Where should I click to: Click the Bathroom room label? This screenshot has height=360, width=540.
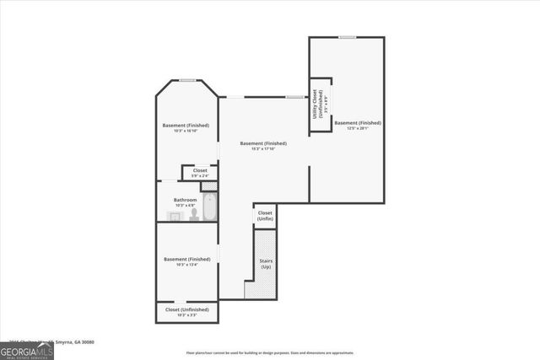click(x=186, y=200)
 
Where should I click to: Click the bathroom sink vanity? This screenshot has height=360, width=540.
click(x=173, y=217)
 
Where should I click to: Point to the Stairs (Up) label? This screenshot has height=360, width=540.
click(x=265, y=263)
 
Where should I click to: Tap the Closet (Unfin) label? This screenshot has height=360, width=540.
click(x=265, y=216)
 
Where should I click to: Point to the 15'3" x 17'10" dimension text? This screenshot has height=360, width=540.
click(x=262, y=149)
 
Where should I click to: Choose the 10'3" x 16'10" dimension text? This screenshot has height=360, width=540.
click(x=186, y=131)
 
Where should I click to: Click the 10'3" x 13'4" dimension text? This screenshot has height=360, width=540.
click(x=186, y=265)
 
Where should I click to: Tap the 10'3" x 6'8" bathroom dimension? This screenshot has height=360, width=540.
click(x=186, y=206)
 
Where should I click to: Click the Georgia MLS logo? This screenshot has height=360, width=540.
click(x=27, y=351)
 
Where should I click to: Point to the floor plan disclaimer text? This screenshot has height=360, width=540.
click(x=270, y=352)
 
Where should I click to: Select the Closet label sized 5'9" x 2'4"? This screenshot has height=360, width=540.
click(x=200, y=173)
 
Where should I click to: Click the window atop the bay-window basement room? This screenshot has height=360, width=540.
click(x=187, y=80)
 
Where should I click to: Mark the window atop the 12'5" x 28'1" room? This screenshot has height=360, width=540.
click(x=347, y=37)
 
